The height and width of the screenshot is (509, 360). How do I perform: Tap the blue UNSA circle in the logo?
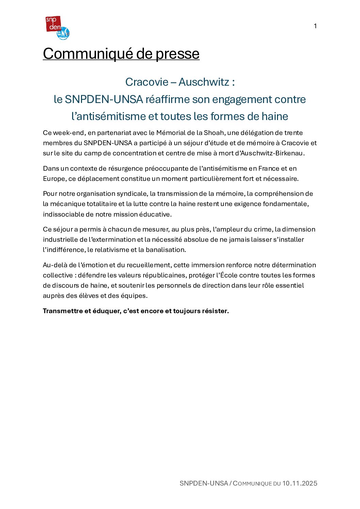tap(64, 34)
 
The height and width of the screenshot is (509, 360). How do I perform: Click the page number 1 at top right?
tap(315, 26)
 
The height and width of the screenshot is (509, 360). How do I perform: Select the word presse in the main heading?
tap(178, 54)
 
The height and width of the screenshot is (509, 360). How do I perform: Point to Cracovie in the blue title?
tap(147, 82)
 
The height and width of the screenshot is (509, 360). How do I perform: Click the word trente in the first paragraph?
tap(293, 133)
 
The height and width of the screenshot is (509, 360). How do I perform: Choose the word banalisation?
tap(166, 250)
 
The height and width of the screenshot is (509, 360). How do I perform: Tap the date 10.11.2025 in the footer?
tap(299, 483)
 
